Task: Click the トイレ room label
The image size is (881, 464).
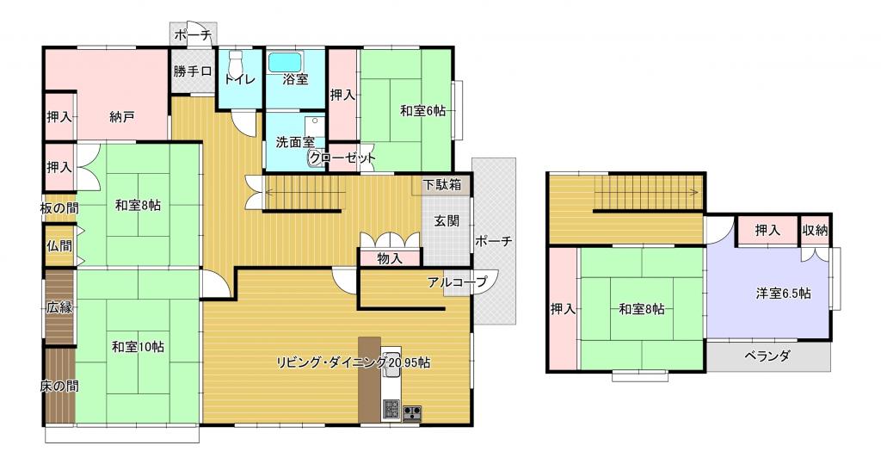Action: coord(240,79)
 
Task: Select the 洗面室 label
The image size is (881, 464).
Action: coord(296,142)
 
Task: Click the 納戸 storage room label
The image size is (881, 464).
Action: coord(122,117)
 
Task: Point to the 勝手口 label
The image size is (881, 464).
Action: coord(193,71)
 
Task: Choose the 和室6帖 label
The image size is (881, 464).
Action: coord(422,111)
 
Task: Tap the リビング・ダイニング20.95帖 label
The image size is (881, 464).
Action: coord(354,362)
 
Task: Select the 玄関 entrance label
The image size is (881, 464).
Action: coord(447,221)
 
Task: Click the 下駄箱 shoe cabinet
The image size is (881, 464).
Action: coord(442,184)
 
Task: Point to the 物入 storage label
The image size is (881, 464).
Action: coord(390,259)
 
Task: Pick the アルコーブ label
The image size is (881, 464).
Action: coord(457,282)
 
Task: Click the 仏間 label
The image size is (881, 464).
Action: coord(59,246)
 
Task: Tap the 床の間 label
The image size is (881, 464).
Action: coord(59,387)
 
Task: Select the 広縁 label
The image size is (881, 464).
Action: coord(59,307)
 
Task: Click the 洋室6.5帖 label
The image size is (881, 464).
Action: coord(783,293)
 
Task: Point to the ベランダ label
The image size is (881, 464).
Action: coord(767,356)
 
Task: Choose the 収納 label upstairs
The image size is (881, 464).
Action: coord(816,230)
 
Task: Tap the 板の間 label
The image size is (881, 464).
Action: coord(59,207)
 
